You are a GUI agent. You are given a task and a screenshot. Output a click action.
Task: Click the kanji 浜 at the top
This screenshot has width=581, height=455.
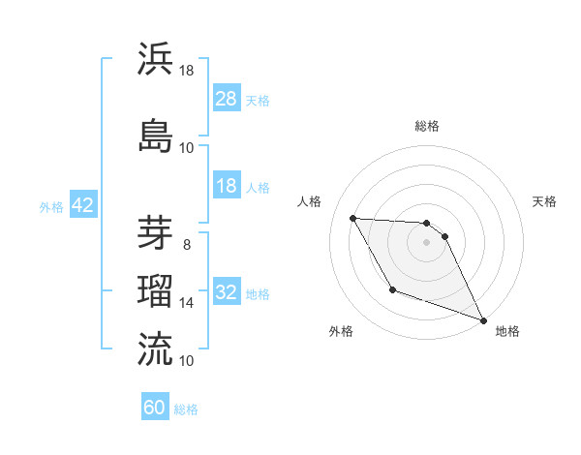[155, 59]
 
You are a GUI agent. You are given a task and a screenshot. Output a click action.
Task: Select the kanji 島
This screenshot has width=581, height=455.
[155, 135]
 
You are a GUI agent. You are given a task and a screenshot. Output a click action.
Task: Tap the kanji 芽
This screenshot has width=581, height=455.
[155, 232]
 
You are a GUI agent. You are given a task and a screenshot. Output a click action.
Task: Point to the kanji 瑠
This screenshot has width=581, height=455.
[155, 288]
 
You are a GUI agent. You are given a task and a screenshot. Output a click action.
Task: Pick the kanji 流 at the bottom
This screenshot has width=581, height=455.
[155, 347]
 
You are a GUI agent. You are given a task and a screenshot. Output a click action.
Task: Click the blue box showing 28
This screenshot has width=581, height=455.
[226, 99]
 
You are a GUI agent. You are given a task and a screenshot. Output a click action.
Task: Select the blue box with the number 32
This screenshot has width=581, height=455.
[226, 292]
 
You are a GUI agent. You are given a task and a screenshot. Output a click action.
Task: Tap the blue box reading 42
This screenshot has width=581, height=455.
[82, 205]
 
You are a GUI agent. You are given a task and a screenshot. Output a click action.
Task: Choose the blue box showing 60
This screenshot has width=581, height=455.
[155, 408]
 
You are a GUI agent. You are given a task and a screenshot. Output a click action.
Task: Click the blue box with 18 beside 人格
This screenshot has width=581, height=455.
[226, 186]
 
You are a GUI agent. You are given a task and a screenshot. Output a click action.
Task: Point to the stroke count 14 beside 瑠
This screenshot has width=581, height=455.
[187, 303]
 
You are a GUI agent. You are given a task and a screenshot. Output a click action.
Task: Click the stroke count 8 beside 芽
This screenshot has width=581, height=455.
[187, 245]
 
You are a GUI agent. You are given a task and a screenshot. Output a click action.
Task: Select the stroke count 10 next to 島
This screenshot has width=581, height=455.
[187, 148]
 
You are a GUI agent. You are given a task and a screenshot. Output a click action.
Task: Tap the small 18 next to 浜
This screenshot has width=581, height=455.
[187, 71]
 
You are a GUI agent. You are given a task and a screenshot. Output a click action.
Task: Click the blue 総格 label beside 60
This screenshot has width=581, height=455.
[187, 409]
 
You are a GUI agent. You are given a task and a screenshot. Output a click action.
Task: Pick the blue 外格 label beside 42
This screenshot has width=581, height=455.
[50, 206]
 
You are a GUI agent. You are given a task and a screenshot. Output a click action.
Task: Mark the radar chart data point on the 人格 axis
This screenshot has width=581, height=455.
[353, 218]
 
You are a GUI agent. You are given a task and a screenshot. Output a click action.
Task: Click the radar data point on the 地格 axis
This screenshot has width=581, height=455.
[484, 320]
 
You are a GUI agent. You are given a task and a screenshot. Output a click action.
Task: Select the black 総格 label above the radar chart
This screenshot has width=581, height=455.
[426, 126]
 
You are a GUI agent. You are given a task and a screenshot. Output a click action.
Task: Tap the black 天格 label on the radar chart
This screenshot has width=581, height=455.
[545, 201]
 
